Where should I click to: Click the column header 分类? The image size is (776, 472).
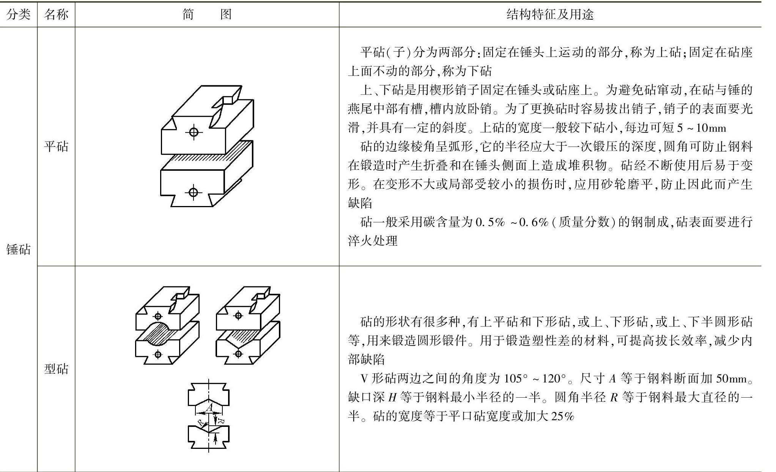(18, 14)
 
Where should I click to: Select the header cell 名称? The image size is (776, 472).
(56, 14)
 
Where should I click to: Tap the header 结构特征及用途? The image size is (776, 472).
(550, 14)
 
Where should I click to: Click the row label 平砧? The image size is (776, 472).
(56, 146)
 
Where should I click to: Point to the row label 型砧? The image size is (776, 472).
(56, 369)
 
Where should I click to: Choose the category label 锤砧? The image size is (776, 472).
(18, 249)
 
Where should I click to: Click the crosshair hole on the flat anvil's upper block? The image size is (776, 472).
(194, 132)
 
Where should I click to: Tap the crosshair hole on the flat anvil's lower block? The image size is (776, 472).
(193, 192)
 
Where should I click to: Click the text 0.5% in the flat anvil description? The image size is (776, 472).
(490, 222)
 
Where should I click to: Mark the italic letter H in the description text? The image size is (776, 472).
(392, 398)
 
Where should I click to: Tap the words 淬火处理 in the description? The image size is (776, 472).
(373, 241)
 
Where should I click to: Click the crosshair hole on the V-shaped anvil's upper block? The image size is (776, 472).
(238, 315)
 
